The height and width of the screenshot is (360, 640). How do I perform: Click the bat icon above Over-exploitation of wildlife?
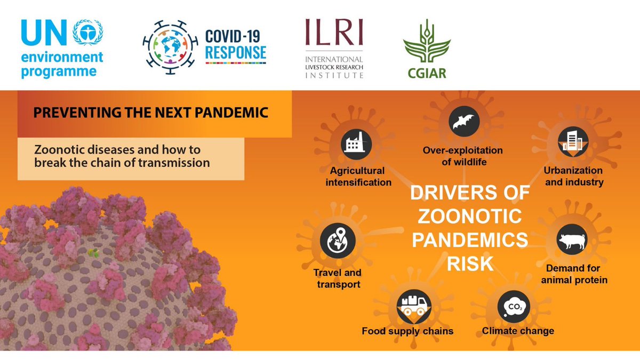pyautogui.click(x=463, y=122)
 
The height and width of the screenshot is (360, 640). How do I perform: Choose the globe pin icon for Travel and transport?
pyautogui.click(x=335, y=239)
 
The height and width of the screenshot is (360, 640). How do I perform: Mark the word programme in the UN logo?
pyautogui.click(x=59, y=71)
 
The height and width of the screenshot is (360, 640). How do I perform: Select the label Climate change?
pyautogui.click(x=518, y=331)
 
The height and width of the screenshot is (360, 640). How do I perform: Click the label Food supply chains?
pyautogui.click(x=407, y=331)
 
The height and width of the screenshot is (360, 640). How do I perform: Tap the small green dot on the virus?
pyautogui.click(x=93, y=252)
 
